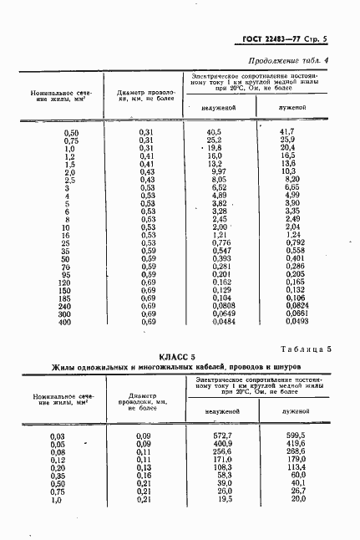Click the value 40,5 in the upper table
[x=213, y=132]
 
